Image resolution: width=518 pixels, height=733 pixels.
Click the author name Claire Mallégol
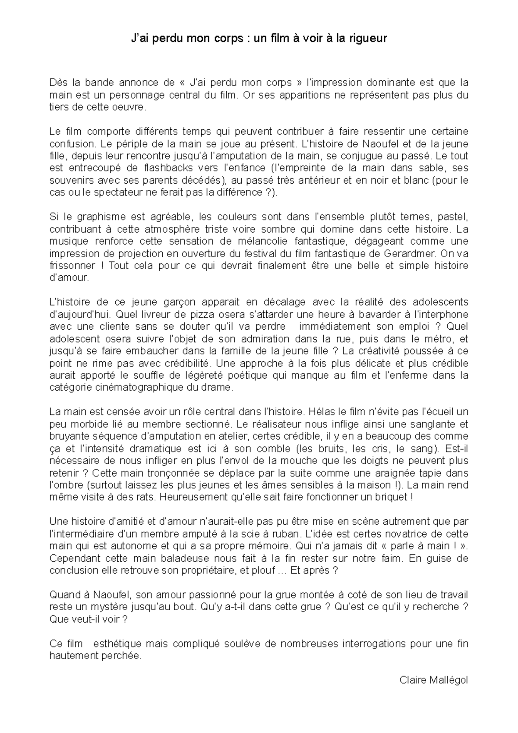click(434, 680)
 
